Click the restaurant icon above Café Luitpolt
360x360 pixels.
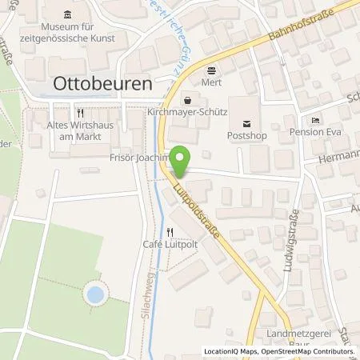(170, 232)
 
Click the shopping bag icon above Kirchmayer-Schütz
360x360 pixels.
(188, 101)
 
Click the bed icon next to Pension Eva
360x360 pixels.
(315, 119)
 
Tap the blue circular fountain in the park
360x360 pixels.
(94, 294)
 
